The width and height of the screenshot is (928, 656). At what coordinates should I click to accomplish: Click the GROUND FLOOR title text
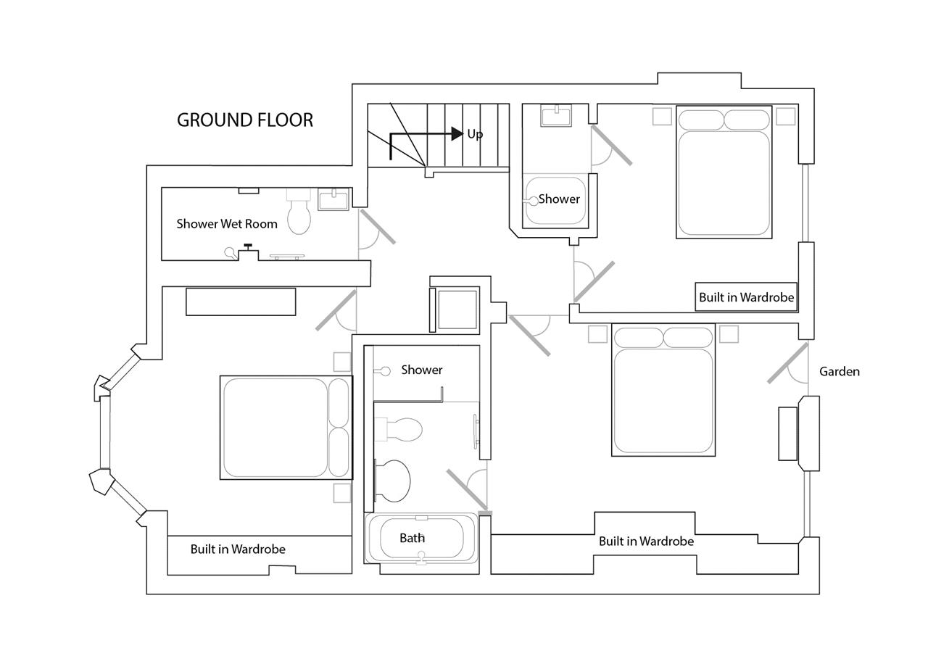click(x=245, y=120)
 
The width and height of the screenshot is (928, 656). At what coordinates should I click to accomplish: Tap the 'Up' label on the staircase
click(x=475, y=134)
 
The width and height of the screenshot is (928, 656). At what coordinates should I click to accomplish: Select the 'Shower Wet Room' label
click(x=227, y=224)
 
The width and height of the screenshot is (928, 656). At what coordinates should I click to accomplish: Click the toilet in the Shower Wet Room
click(x=299, y=214)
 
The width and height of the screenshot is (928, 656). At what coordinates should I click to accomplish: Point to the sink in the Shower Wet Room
click(x=333, y=199)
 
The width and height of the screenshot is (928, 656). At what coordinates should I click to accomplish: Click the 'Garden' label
click(x=839, y=372)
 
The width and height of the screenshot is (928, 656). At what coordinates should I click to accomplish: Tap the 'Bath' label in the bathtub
click(x=412, y=539)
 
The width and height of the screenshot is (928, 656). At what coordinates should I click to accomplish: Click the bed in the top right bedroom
click(x=724, y=173)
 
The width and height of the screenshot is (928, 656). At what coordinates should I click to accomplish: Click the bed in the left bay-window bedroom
click(x=286, y=428)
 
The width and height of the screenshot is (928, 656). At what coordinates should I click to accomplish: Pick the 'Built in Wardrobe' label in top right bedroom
click(x=746, y=297)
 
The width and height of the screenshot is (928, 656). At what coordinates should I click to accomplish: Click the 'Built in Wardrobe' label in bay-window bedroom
click(x=238, y=549)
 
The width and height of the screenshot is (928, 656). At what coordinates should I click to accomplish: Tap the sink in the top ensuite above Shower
click(x=555, y=115)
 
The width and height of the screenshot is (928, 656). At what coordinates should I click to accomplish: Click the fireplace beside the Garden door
click(x=788, y=433)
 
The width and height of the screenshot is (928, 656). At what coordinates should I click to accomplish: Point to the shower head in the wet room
click(x=231, y=253)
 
